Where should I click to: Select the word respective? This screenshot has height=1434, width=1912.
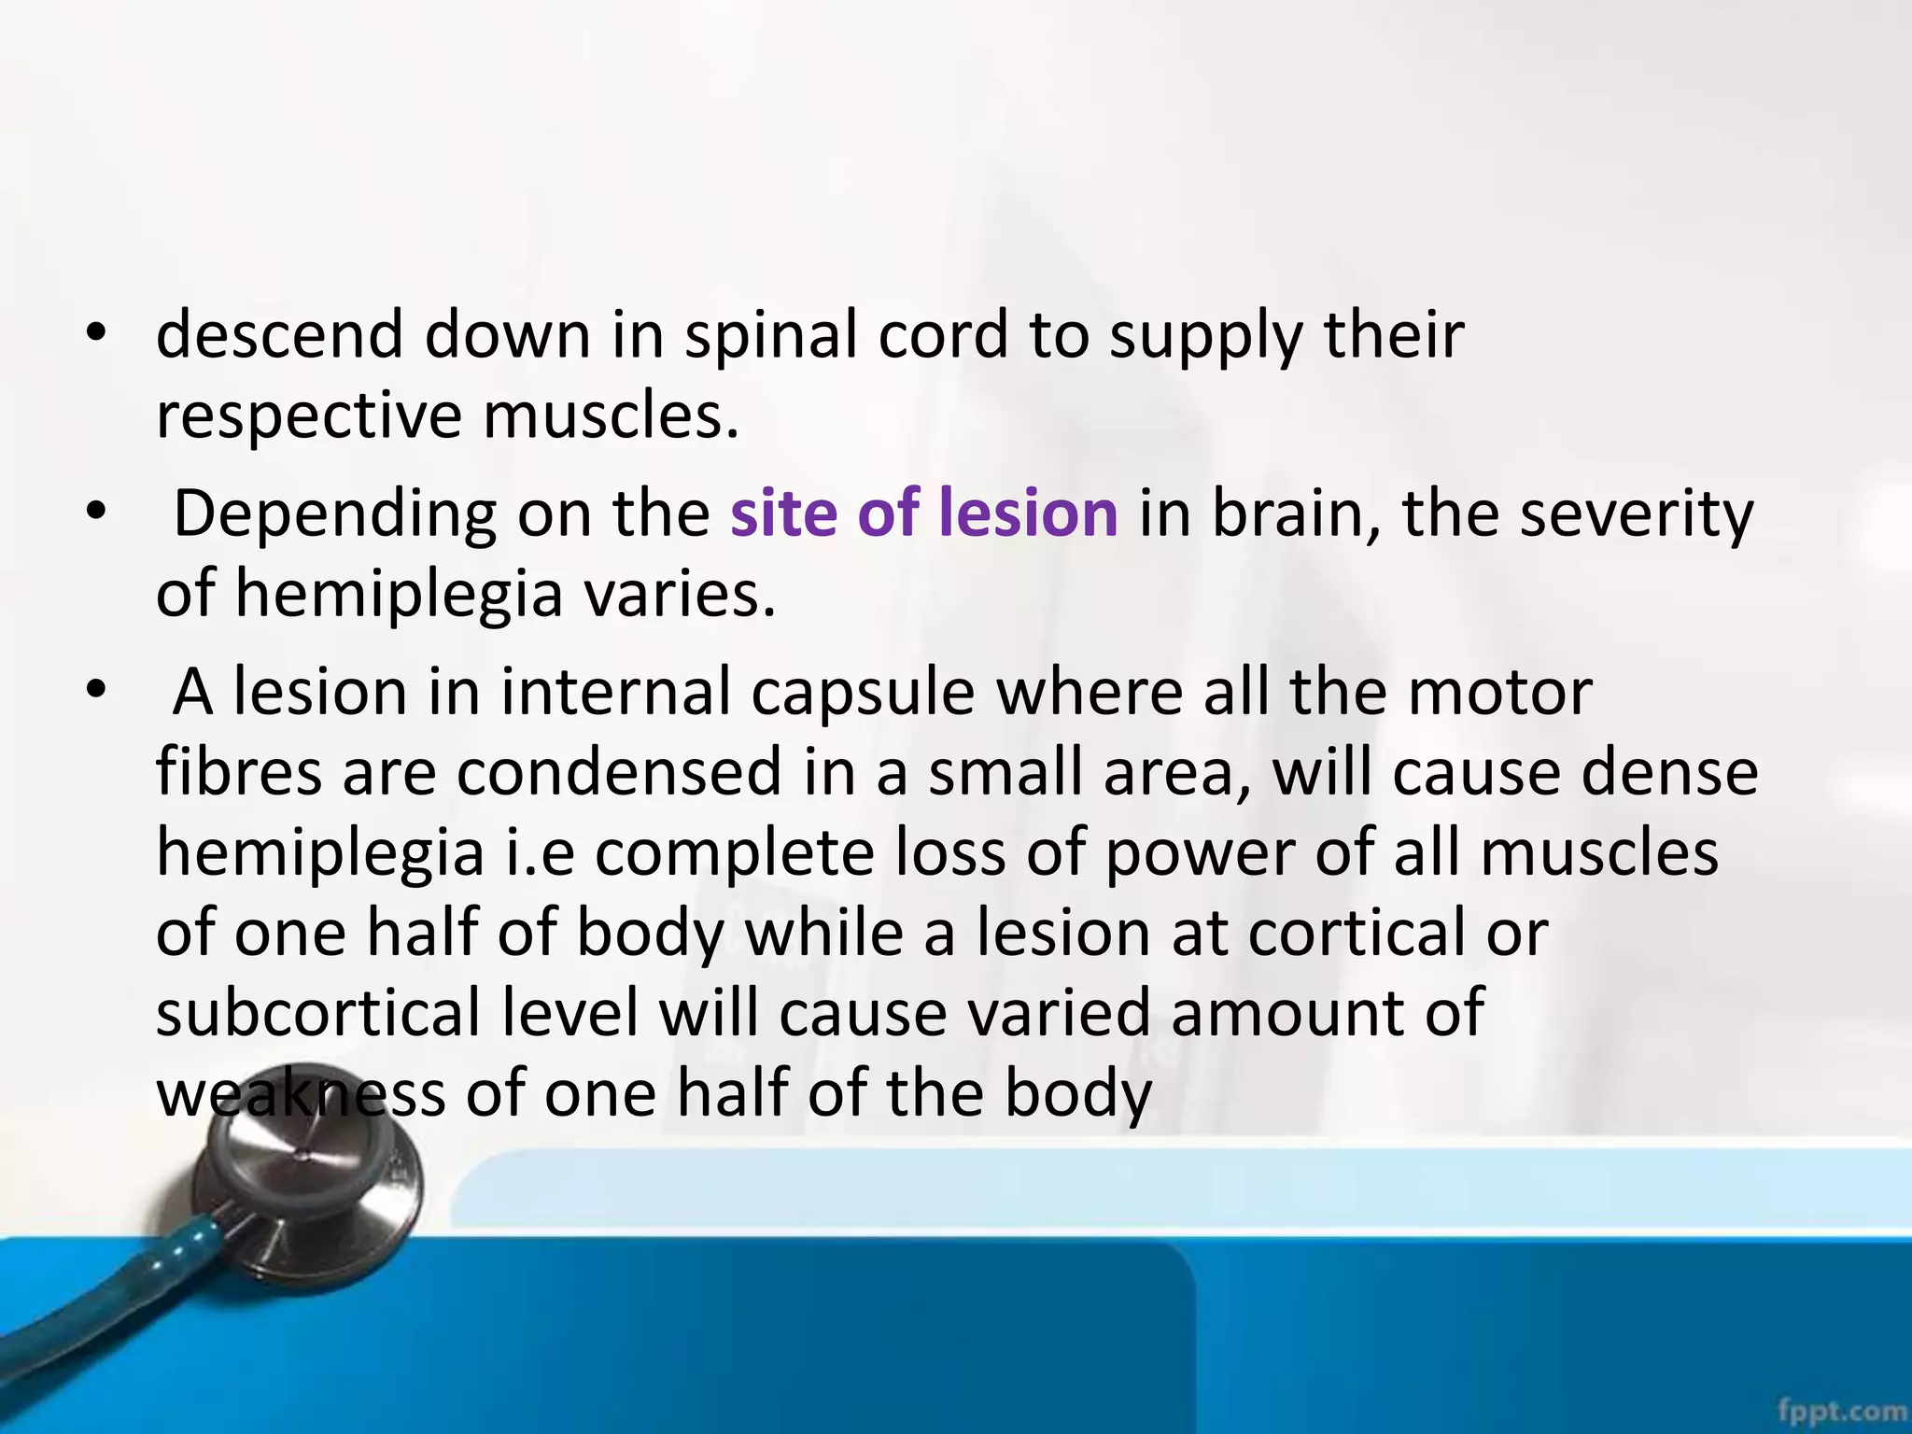[308, 415]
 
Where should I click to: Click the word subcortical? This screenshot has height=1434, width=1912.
[317, 1014]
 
